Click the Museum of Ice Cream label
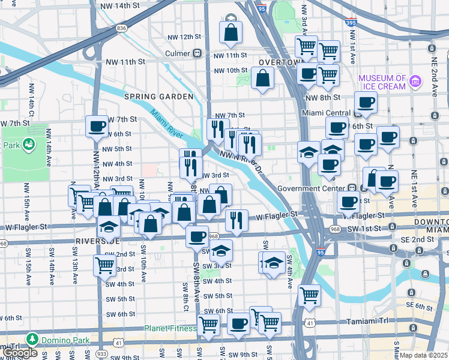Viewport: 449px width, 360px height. pyautogui.click(x=382, y=82)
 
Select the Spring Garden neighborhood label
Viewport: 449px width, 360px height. pyautogui.click(x=158, y=97)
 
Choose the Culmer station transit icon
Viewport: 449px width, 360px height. pyautogui.click(x=196, y=53)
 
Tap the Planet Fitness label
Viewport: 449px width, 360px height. pyautogui.click(x=170, y=328)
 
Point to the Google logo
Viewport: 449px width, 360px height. pyautogui.click(x=20, y=353)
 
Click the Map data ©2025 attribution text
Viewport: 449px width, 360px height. pyautogui.click(x=424, y=355)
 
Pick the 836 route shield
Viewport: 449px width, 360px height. pyautogui.click(x=122, y=28)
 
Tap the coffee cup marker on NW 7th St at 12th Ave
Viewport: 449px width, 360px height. pyautogui.click(x=97, y=127)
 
